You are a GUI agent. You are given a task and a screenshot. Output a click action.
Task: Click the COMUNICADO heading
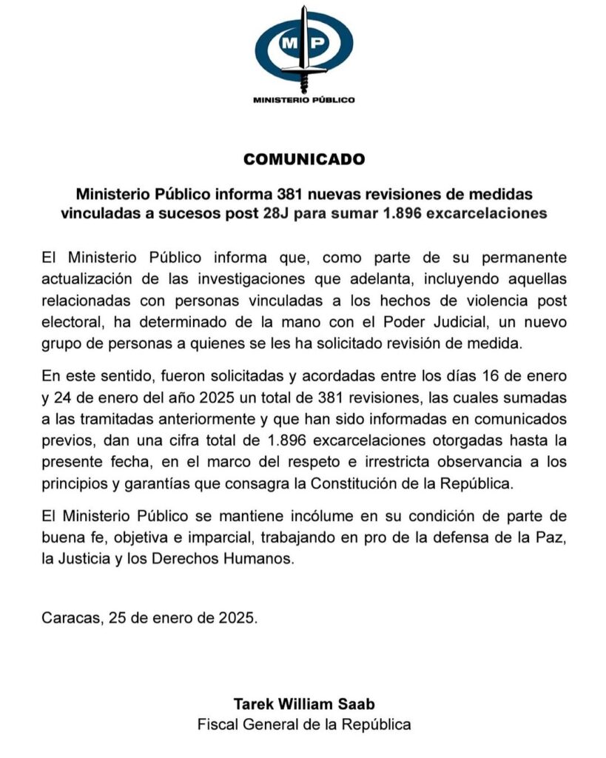[x=303, y=159]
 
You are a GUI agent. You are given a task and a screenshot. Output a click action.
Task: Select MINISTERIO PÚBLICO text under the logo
[x=303, y=99]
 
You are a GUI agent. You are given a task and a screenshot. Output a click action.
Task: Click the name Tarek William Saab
[x=303, y=703]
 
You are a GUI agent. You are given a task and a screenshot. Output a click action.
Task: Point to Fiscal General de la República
[x=303, y=724]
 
